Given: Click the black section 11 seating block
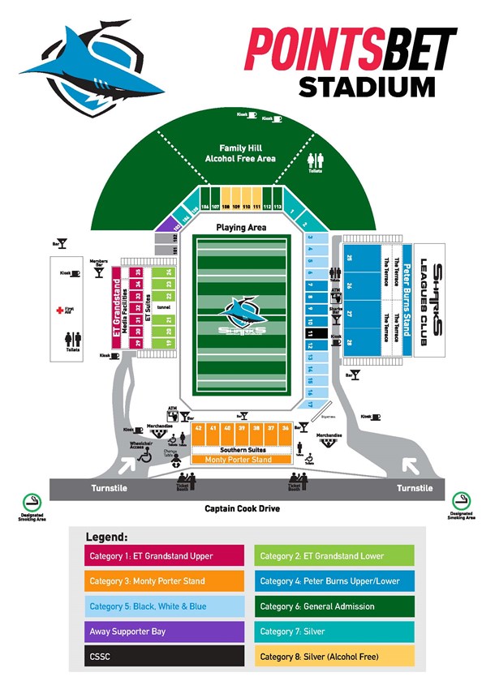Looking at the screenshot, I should [311, 333].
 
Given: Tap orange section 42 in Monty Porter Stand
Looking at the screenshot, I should [199, 427].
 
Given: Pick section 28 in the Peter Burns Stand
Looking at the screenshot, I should [351, 343].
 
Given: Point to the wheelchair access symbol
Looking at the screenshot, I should [145, 456].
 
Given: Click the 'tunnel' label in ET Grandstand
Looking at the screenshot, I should [162, 308].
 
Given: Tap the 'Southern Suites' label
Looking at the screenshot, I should [243, 449].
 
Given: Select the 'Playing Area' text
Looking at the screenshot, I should [241, 228].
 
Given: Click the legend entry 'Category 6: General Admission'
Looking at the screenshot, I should [333, 606].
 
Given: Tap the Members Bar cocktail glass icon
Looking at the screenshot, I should [99, 272].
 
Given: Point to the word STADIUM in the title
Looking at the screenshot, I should [365, 86].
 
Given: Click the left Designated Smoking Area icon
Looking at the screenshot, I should [31, 500].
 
